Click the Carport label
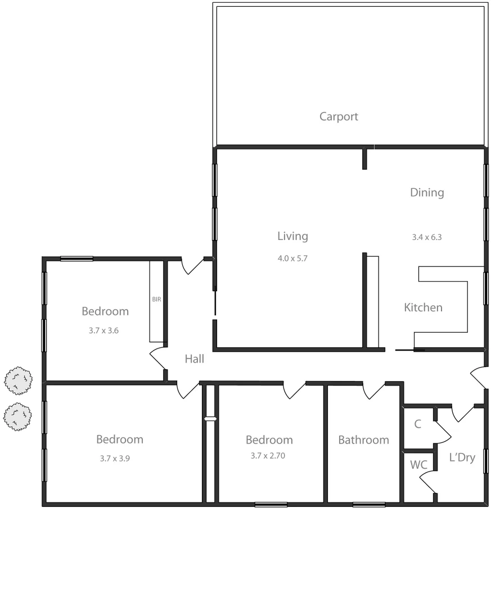coord(339,117)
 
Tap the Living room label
coord(292,236)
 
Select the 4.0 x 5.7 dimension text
coord(292,259)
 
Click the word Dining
coord(427,192)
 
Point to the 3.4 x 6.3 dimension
coord(427,237)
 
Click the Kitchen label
coord(423,307)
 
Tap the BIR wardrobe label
coord(156,300)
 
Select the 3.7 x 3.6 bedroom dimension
coord(103,331)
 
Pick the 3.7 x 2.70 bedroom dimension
coord(268,456)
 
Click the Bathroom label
coord(363,440)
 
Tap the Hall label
coord(195,359)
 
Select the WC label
coord(418,465)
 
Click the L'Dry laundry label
coord(462,457)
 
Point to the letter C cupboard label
coord(418,424)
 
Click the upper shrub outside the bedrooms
coord(18,380)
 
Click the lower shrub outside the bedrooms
coord(18,416)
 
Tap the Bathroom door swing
coord(373,391)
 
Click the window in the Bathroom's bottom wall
coord(369,505)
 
